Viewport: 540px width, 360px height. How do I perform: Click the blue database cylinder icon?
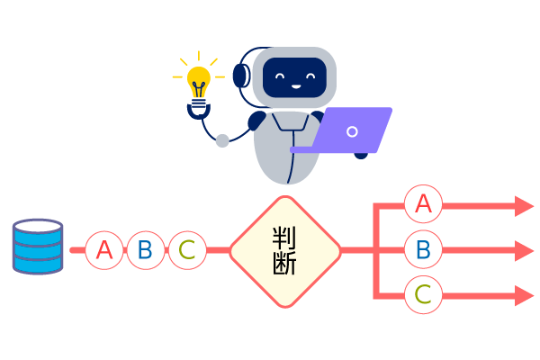pyautogui.click(x=38, y=246)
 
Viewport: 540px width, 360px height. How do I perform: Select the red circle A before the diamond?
pyautogui.click(x=104, y=250)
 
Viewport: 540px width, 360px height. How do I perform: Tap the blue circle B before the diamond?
pyautogui.click(x=146, y=250)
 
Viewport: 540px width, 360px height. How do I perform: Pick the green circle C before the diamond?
pyautogui.click(x=187, y=250)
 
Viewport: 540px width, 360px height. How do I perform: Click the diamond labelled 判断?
pyautogui.click(x=285, y=251)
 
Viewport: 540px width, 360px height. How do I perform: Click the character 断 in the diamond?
pyautogui.click(x=285, y=265)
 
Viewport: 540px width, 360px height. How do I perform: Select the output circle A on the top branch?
pyautogui.click(x=423, y=204)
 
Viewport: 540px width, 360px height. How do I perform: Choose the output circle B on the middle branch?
pyautogui.click(x=423, y=249)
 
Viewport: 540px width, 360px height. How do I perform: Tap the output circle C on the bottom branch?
pyautogui.click(x=423, y=294)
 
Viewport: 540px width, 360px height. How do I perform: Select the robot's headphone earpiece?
pyautogui.click(x=241, y=76)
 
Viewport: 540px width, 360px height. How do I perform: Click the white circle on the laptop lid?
pyautogui.click(x=352, y=131)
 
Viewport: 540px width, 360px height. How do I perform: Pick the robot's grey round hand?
pyautogui.click(x=222, y=140)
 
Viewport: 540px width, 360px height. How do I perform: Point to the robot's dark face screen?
pyautogui.click(x=293, y=76)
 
